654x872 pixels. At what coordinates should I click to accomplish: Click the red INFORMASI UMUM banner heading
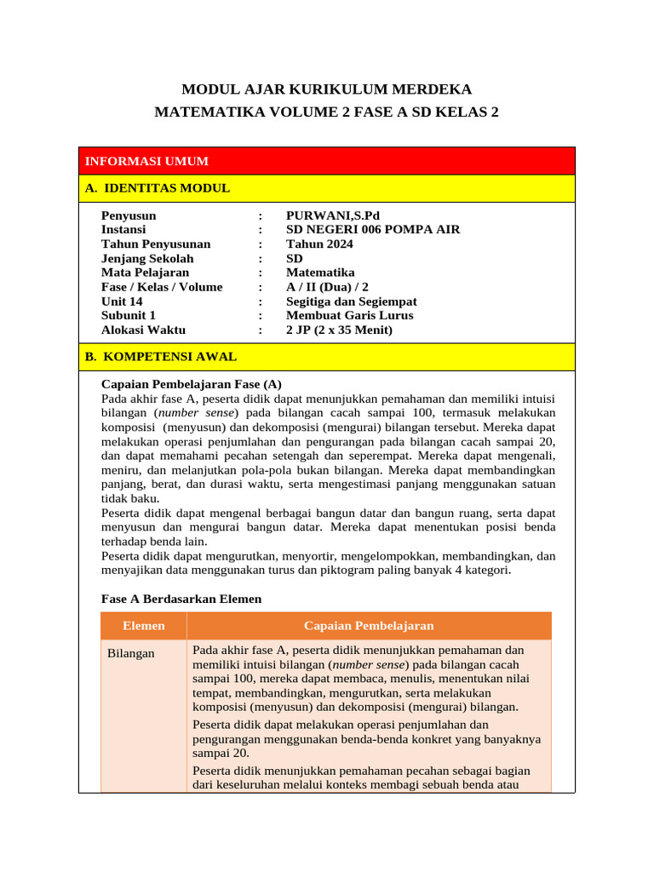146,161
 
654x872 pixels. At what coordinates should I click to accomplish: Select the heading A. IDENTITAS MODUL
158,188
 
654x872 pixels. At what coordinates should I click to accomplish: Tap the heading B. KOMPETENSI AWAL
161,357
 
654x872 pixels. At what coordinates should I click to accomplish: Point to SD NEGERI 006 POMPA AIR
371,230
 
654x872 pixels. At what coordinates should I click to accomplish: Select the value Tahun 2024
319,244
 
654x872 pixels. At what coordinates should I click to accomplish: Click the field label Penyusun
129,215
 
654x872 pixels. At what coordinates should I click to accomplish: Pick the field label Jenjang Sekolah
147,259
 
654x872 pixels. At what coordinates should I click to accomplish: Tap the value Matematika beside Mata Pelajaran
320,272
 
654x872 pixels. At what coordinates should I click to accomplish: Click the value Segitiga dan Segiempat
352,301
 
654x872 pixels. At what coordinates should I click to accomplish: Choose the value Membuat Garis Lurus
350,315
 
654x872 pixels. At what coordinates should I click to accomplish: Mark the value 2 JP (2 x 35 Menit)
340,330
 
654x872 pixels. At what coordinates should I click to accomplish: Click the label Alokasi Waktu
143,330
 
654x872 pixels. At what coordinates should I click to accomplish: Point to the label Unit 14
122,301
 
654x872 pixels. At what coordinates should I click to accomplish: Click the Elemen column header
144,626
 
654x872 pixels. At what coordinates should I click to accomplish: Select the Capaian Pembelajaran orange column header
369,626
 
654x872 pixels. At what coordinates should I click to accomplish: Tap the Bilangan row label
131,653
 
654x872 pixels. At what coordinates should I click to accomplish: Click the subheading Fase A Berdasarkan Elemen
181,599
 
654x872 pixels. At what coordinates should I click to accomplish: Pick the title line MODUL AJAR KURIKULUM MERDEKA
327,89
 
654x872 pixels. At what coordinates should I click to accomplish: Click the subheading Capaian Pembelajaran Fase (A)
191,383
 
